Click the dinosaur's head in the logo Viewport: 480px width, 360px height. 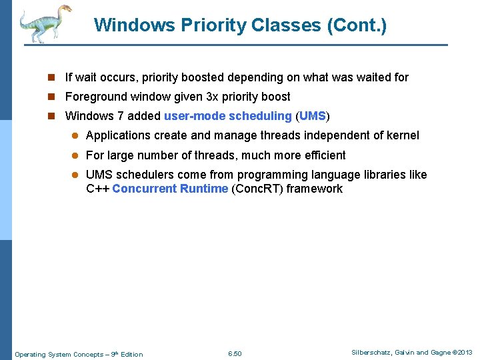pyautogui.click(x=65, y=10)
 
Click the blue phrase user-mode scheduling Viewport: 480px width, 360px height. pyautogui.click(x=228, y=116)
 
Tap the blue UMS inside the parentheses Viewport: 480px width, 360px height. pyautogui.click(x=312, y=116)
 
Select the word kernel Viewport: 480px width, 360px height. pyautogui.click(x=402, y=135)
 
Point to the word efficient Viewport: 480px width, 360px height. pyautogui.click(x=323, y=155)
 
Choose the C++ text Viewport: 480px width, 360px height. pyautogui.click(x=97, y=189)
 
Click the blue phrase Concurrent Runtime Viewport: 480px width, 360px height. pyautogui.click(x=170, y=189)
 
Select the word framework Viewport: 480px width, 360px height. pyautogui.click(x=317, y=189)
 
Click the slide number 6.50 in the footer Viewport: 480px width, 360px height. pyautogui.click(x=235, y=353)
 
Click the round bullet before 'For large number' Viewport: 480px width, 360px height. pyautogui.click(x=75, y=155)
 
